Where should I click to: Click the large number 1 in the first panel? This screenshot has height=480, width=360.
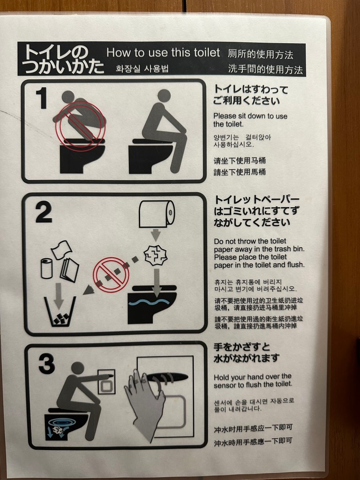(x=42, y=98)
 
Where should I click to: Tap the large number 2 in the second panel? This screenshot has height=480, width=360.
(x=44, y=212)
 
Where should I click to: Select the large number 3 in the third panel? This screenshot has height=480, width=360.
(x=47, y=363)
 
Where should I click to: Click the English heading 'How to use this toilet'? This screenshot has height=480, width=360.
(x=163, y=52)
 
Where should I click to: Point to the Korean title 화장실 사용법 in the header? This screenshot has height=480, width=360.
(x=142, y=68)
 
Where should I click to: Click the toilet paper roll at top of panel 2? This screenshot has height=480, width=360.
(x=157, y=214)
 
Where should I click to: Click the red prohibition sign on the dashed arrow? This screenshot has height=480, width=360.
(x=111, y=275)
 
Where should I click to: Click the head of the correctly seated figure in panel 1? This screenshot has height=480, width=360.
(x=164, y=96)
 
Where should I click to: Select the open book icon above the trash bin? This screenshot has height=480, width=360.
(x=69, y=270)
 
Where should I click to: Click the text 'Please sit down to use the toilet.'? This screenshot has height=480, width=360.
(x=250, y=120)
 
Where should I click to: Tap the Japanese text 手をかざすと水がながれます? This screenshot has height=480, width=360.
(x=247, y=352)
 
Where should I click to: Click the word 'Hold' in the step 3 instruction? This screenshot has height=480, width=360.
(x=221, y=377)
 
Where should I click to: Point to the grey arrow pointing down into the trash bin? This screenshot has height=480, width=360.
(x=59, y=296)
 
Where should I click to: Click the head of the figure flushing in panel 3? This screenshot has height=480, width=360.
(x=77, y=368)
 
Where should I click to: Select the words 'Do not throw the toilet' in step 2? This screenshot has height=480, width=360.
(x=250, y=241)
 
